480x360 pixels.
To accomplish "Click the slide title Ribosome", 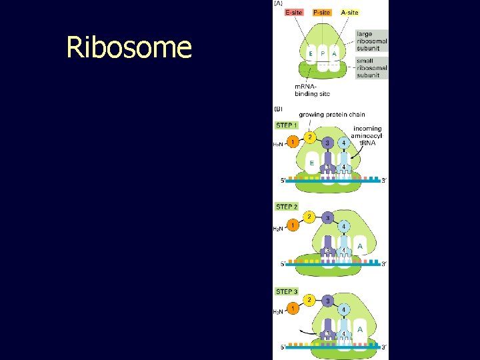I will coord(129,48).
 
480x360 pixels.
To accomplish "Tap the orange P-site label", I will coord(321,12).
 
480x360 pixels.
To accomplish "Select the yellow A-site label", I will coord(349,12).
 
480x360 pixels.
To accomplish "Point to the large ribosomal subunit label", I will coord(371,41).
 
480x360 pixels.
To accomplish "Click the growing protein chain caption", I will coord(332,115).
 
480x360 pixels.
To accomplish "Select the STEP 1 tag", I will coord(287,125).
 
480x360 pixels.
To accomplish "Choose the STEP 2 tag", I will coord(287,207).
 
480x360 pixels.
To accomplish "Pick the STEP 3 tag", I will coord(287,291).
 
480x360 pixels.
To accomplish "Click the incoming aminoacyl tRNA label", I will coord(367,135).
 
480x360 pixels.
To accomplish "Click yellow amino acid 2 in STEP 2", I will coord(309,217).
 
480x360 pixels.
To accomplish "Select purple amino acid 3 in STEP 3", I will coord(327,301).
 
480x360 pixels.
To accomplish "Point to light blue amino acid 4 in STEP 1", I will coord(343,143).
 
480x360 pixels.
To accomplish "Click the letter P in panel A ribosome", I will coord(323,53).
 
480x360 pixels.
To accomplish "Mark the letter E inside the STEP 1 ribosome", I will coord(311,162).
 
